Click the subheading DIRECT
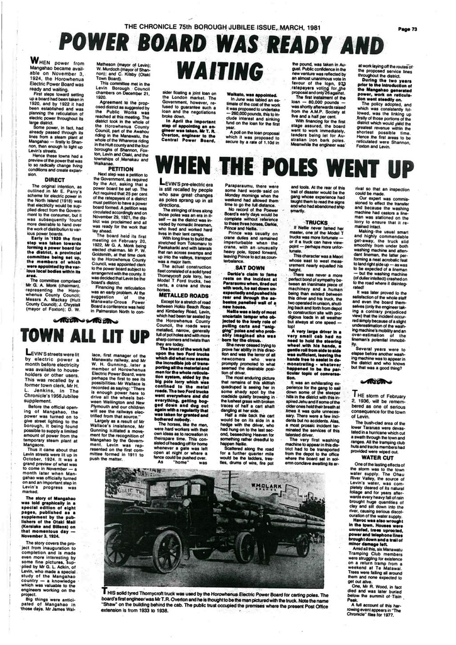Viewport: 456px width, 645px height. [55, 179]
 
